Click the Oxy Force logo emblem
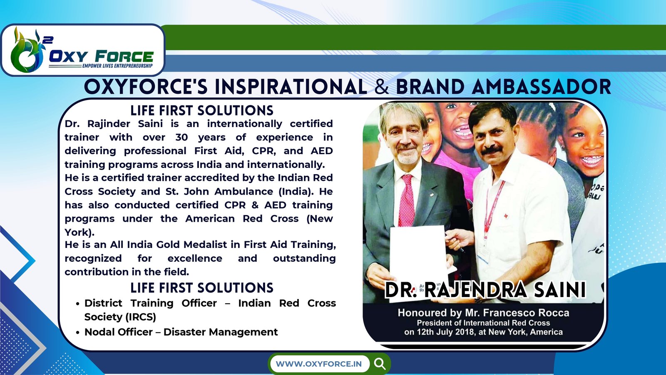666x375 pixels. click(x=26, y=50)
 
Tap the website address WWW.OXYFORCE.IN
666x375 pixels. click(x=319, y=364)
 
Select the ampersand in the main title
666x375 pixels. click(x=382, y=87)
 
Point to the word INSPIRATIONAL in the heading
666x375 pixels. click(x=291, y=87)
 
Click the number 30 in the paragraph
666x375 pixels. click(x=181, y=137)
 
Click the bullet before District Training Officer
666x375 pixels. click(x=77, y=304)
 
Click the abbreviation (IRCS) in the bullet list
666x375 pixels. click(x=141, y=317)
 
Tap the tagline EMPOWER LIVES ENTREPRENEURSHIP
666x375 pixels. click(x=117, y=65)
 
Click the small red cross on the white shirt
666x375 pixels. click(x=506, y=215)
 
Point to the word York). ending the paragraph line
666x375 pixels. click(x=80, y=232)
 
